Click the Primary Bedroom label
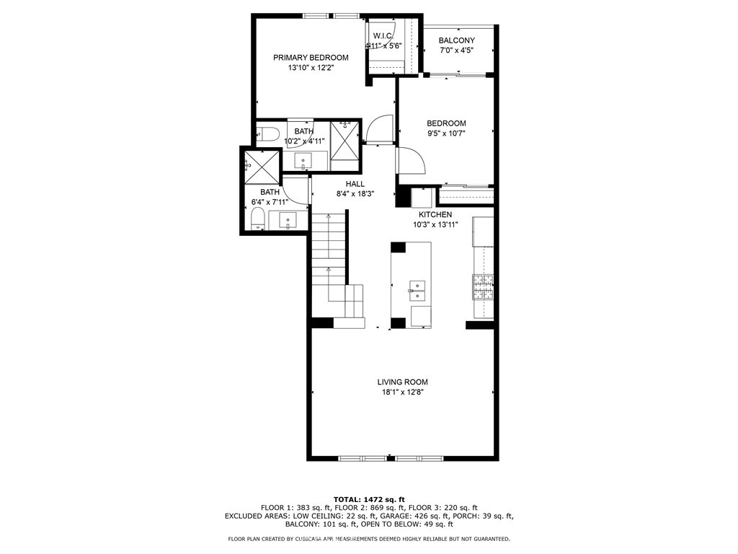click(311, 58)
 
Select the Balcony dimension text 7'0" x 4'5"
click(456, 50)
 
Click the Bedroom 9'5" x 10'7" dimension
click(446, 133)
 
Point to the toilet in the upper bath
click(268, 133)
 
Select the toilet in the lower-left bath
click(255, 220)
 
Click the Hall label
click(355, 184)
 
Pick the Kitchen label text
click(436, 215)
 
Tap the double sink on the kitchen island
click(417, 290)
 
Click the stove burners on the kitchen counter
click(483, 286)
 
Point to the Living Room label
click(402, 382)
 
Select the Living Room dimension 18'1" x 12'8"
click(402, 392)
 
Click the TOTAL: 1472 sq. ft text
click(369, 499)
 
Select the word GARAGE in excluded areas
click(402, 516)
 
